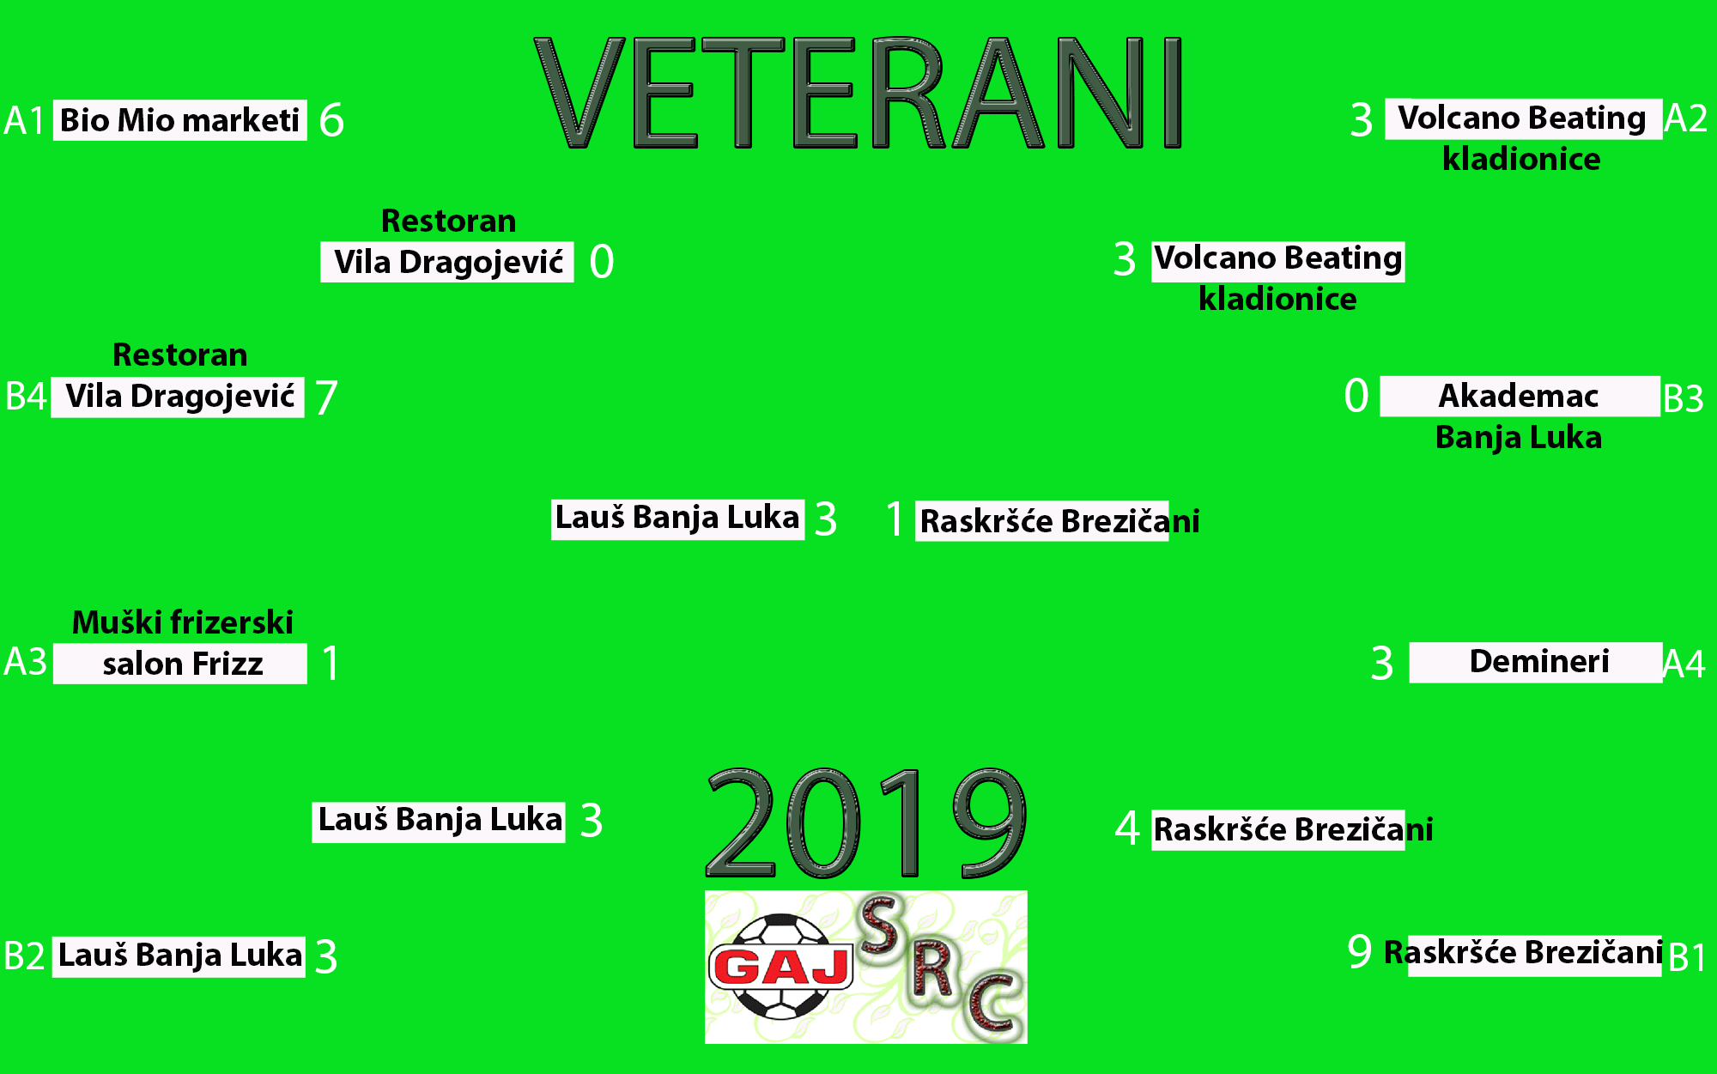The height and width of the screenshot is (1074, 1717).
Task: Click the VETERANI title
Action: click(858, 93)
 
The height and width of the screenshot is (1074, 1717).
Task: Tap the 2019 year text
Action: click(866, 822)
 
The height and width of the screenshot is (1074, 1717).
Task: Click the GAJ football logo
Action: click(865, 967)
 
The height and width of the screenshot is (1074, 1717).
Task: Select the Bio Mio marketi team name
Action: click(180, 120)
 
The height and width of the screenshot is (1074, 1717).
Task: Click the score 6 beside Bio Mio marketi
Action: click(331, 120)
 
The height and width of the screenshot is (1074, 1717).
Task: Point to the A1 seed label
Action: click(24, 120)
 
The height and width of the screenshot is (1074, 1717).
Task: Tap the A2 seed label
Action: click(1685, 118)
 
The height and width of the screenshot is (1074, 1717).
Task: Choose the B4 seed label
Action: click(26, 397)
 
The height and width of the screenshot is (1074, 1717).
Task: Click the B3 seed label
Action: click(1683, 398)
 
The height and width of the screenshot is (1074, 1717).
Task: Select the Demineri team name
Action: click(1538, 662)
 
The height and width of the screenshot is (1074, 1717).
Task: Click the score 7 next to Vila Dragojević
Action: click(326, 397)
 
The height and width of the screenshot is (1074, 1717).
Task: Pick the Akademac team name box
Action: click(1520, 397)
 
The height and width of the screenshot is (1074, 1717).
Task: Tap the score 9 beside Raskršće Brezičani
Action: click(1360, 951)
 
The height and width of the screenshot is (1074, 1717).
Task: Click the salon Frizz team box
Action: click(180, 664)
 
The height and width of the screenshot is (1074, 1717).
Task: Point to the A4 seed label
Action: click(1684, 664)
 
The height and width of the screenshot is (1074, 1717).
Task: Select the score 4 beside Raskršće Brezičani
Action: click(1127, 828)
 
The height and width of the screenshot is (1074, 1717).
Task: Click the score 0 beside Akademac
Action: click(1356, 396)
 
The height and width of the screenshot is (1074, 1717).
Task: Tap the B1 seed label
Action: click(1687, 957)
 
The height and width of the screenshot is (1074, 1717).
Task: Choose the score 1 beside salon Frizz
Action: click(331, 664)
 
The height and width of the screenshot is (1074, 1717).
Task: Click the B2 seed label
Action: click(24, 956)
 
